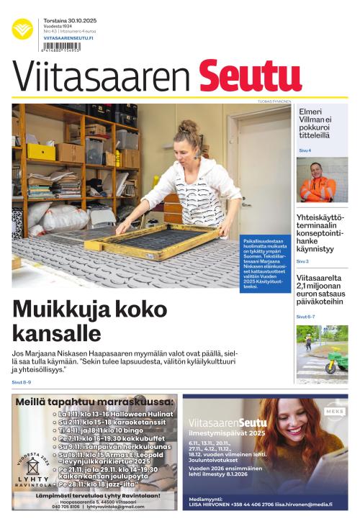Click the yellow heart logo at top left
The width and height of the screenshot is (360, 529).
22,29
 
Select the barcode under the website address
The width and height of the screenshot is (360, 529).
61,46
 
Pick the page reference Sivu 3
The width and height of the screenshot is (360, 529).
302,261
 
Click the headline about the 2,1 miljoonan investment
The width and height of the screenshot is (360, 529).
321,289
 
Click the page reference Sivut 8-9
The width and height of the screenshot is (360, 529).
22,382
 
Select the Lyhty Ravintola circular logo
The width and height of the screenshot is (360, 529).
33,471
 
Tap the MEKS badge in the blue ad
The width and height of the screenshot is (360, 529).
334,412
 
